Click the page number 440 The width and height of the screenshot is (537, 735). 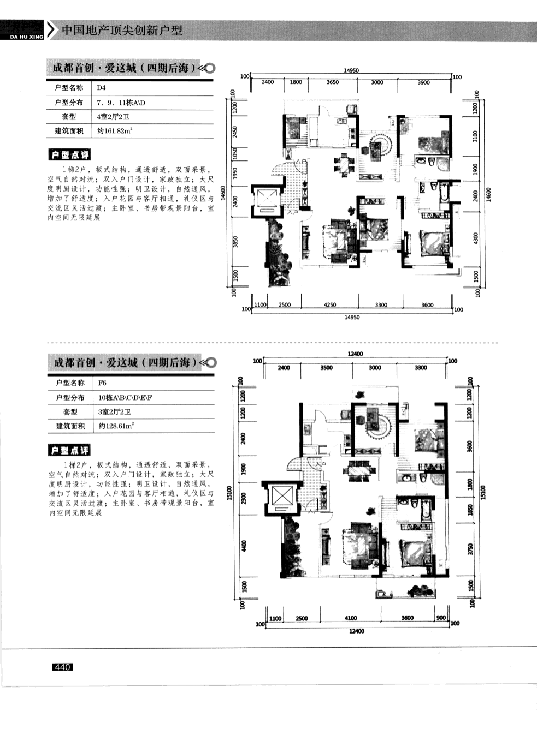click(62, 667)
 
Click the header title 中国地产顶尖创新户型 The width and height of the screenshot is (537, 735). click(122, 30)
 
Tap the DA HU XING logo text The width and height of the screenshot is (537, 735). click(22, 37)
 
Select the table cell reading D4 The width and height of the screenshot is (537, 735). click(101, 88)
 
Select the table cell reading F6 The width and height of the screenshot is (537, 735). click(102, 383)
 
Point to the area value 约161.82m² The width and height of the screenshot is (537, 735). click(115, 131)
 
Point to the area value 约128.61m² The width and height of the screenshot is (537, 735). click(116, 426)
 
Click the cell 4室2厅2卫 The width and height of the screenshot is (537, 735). click(113, 117)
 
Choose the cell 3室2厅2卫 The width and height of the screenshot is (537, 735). click(115, 412)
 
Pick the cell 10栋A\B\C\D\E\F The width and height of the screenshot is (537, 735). click(125, 397)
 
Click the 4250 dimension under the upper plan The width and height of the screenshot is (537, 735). click(329, 305)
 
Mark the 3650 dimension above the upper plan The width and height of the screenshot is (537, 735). click(332, 82)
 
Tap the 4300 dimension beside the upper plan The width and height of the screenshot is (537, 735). click(476, 238)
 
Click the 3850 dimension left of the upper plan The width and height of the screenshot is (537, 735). click(235, 241)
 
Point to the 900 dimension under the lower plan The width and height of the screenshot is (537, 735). click(441, 618)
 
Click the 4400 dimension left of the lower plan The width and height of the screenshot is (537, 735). click(244, 546)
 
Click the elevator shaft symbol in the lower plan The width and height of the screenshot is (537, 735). click(282, 497)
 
